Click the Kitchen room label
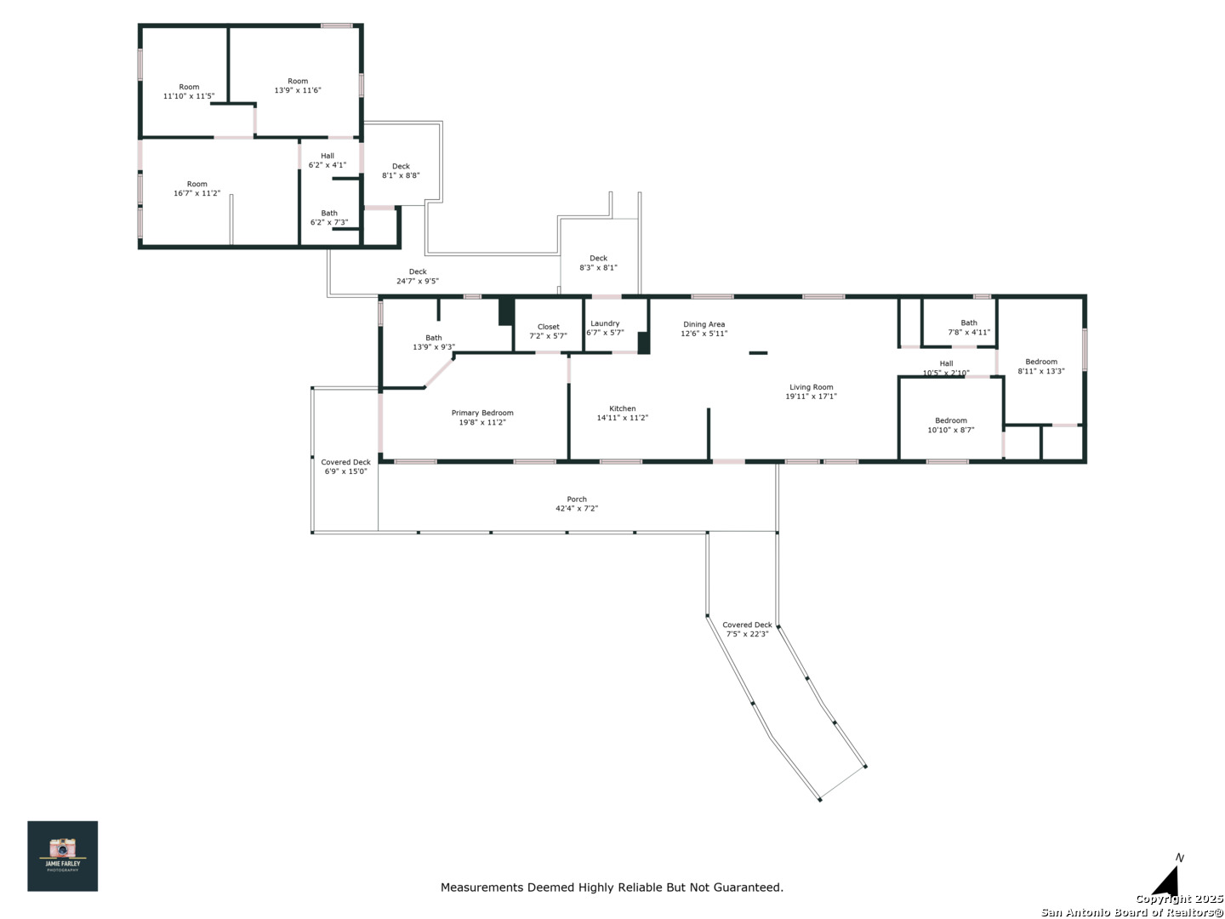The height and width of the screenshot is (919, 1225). point(622,408)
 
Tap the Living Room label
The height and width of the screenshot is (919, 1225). point(811,386)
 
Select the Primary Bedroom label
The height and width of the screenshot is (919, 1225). point(482,413)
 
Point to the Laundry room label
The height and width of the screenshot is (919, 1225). point(604,323)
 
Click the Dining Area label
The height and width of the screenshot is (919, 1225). point(704,324)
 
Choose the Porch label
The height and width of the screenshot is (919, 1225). point(577,499)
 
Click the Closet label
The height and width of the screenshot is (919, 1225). point(548,327)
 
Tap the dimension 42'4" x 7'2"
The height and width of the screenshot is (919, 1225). point(577,508)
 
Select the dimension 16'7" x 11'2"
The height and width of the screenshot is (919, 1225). point(197,193)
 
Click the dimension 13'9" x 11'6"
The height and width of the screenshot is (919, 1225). point(298,90)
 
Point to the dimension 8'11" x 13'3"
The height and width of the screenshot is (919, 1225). point(1041,371)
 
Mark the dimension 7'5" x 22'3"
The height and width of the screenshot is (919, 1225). point(747,634)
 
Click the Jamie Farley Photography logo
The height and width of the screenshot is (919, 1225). point(62,855)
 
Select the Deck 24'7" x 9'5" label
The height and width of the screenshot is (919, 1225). point(418,277)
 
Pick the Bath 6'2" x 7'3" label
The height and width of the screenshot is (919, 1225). point(328,218)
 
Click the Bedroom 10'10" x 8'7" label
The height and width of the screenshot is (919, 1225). point(950,425)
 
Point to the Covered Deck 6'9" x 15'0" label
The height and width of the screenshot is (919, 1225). point(345,466)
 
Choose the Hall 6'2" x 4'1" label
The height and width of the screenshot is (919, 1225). point(327,160)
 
